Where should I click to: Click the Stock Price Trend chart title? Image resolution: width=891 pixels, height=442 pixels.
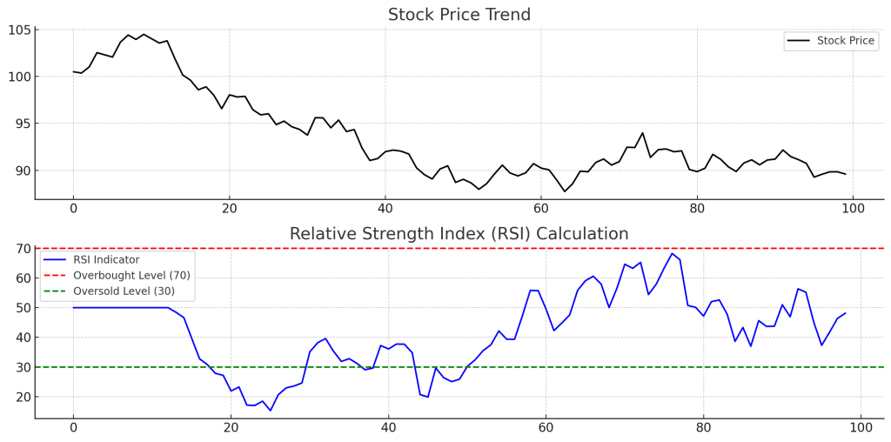[x=459, y=15]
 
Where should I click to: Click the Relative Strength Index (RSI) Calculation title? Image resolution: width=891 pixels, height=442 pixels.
[x=459, y=234]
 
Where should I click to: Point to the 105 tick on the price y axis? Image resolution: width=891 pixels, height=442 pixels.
[x=20, y=30]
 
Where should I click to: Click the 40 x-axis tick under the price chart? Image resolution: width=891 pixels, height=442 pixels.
[x=385, y=209]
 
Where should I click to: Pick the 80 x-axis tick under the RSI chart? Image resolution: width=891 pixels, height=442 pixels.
[x=703, y=428]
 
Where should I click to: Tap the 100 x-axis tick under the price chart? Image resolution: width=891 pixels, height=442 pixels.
[x=853, y=209]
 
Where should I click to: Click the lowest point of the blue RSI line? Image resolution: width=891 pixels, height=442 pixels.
[x=270, y=411]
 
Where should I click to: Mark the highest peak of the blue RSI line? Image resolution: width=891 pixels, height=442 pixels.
[x=672, y=254]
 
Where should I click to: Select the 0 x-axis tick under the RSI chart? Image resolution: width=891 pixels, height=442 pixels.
[x=73, y=428]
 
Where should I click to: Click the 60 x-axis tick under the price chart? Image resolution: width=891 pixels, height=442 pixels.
[x=541, y=209]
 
